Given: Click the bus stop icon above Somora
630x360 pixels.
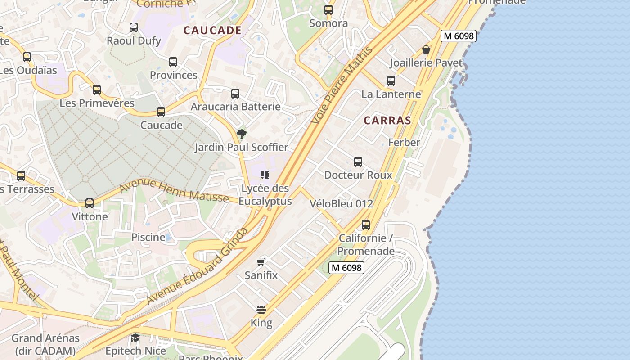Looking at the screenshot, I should tap(328, 9).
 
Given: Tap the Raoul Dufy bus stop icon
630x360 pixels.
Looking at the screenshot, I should tap(134, 27).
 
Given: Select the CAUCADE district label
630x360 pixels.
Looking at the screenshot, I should tap(213, 31).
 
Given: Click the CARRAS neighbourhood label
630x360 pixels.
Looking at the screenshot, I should tap(387, 121).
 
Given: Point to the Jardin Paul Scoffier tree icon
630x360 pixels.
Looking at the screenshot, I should tap(242, 134).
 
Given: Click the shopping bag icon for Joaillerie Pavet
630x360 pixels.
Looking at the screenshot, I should tap(426, 49).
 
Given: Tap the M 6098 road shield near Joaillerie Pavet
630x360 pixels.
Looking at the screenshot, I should tap(458, 36).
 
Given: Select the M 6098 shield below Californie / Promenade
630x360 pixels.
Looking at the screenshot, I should tap(346, 268).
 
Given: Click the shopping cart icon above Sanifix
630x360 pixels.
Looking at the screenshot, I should tap(261, 262).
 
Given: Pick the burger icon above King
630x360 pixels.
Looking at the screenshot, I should tap(261, 309).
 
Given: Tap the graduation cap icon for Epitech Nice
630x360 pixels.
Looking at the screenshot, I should tap(135, 337).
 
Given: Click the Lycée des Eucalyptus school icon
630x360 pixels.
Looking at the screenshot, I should tap(265, 175).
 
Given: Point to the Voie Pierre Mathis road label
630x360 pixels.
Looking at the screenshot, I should tap(342, 85).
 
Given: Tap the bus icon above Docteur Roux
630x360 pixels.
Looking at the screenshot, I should tap(358, 162).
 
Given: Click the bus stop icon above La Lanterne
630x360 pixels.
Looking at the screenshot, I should tap(391, 81).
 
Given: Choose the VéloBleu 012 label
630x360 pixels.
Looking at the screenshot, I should tap(342, 204).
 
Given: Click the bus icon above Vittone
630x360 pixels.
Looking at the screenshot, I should tap(90, 203).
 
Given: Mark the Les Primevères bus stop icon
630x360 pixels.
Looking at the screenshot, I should tap(97, 90).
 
